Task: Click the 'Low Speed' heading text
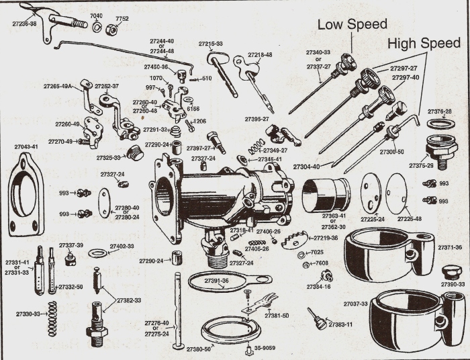pos(352,24)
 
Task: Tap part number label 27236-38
pos(25,23)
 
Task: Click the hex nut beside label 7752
pos(113,29)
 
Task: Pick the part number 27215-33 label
pos(210,44)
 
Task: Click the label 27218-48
pos(260,54)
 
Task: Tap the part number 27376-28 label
pos(439,111)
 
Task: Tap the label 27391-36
pos(217,280)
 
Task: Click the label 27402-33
pos(123,246)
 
